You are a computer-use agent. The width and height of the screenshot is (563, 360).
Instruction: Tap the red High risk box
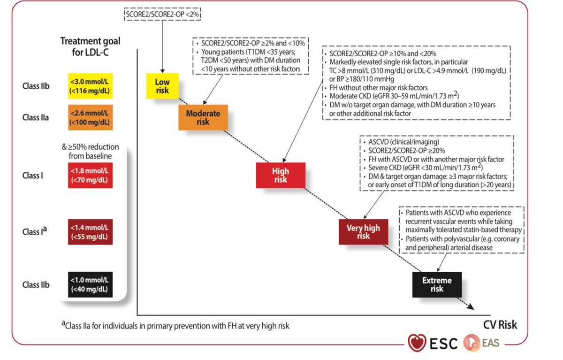coord(280,175)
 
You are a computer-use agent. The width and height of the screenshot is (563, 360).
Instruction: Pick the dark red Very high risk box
coord(363,231)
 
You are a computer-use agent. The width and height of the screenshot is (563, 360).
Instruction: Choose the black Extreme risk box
coord(437,284)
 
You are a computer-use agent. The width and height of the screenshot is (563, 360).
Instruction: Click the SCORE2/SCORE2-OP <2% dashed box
coord(163,15)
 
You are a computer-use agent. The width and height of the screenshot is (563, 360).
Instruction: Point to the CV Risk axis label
coord(500,324)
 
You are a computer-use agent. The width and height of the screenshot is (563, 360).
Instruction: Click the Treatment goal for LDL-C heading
coord(90,46)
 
